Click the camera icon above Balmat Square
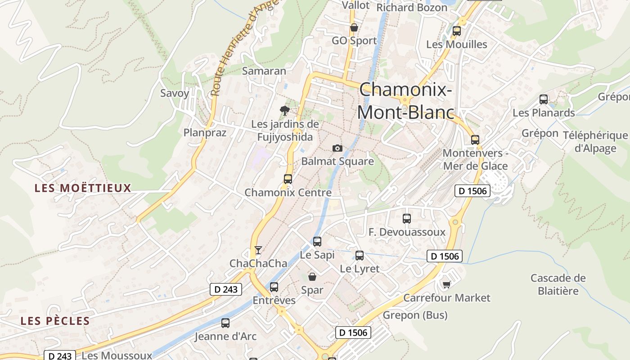pyautogui.click(x=337, y=148)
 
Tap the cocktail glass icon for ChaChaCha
pyautogui.click(x=258, y=250)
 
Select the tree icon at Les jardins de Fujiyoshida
pyautogui.click(x=284, y=110)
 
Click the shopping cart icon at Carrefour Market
pyautogui.click(x=446, y=284)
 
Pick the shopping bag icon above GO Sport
pyautogui.click(x=354, y=27)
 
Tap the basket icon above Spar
pyautogui.click(x=312, y=277)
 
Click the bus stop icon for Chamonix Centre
pyautogui.click(x=288, y=179)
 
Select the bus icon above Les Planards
pyautogui.click(x=544, y=99)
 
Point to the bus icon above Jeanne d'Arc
pyautogui.click(x=225, y=323)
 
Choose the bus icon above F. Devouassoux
pyautogui.click(x=407, y=219)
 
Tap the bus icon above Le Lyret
pyautogui.click(x=359, y=256)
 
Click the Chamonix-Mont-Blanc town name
pyautogui.click(x=405, y=101)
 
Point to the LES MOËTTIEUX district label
pyautogui.click(x=83, y=188)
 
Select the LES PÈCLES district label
pyautogui.click(x=55, y=321)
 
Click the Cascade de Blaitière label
pyautogui.click(x=558, y=284)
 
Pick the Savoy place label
pyautogui.click(x=175, y=93)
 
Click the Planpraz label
pyautogui.click(x=205, y=132)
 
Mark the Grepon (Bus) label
pyautogui.click(x=415, y=315)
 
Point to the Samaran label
pyautogui.click(x=264, y=71)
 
